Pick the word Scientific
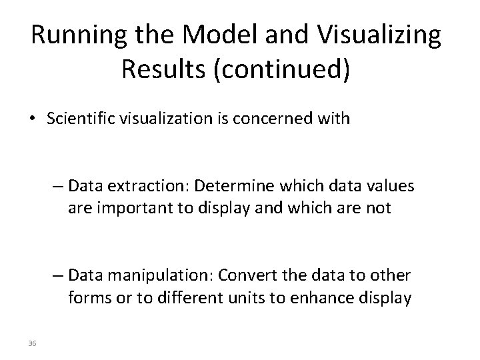(82, 120)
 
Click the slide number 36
(32, 343)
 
